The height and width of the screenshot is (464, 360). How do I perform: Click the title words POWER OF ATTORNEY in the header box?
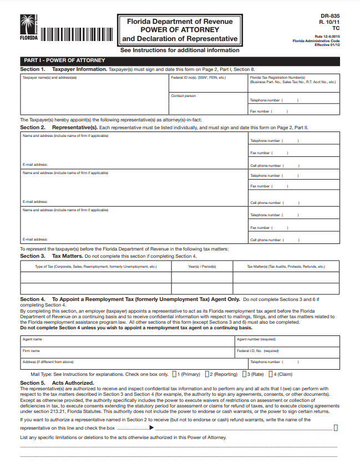click(x=180, y=30)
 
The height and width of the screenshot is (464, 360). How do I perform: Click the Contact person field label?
click(x=183, y=96)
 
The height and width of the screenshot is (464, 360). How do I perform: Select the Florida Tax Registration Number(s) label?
click(x=277, y=78)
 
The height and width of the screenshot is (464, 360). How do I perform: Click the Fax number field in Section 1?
click(x=294, y=111)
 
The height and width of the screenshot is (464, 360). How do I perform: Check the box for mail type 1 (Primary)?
click(x=175, y=374)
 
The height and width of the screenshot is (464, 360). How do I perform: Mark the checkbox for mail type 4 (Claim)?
click(x=274, y=374)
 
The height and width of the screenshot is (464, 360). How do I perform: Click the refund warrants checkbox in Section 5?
click(x=336, y=427)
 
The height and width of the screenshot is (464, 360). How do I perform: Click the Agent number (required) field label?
click(x=256, y=339)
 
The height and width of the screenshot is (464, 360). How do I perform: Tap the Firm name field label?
click(x=31, y=350)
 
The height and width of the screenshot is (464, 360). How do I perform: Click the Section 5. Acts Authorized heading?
click(x=57, y=383)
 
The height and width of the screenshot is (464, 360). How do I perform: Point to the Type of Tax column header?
click(x=96, y=267)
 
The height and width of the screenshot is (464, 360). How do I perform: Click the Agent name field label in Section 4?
click(x=32, y=339)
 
